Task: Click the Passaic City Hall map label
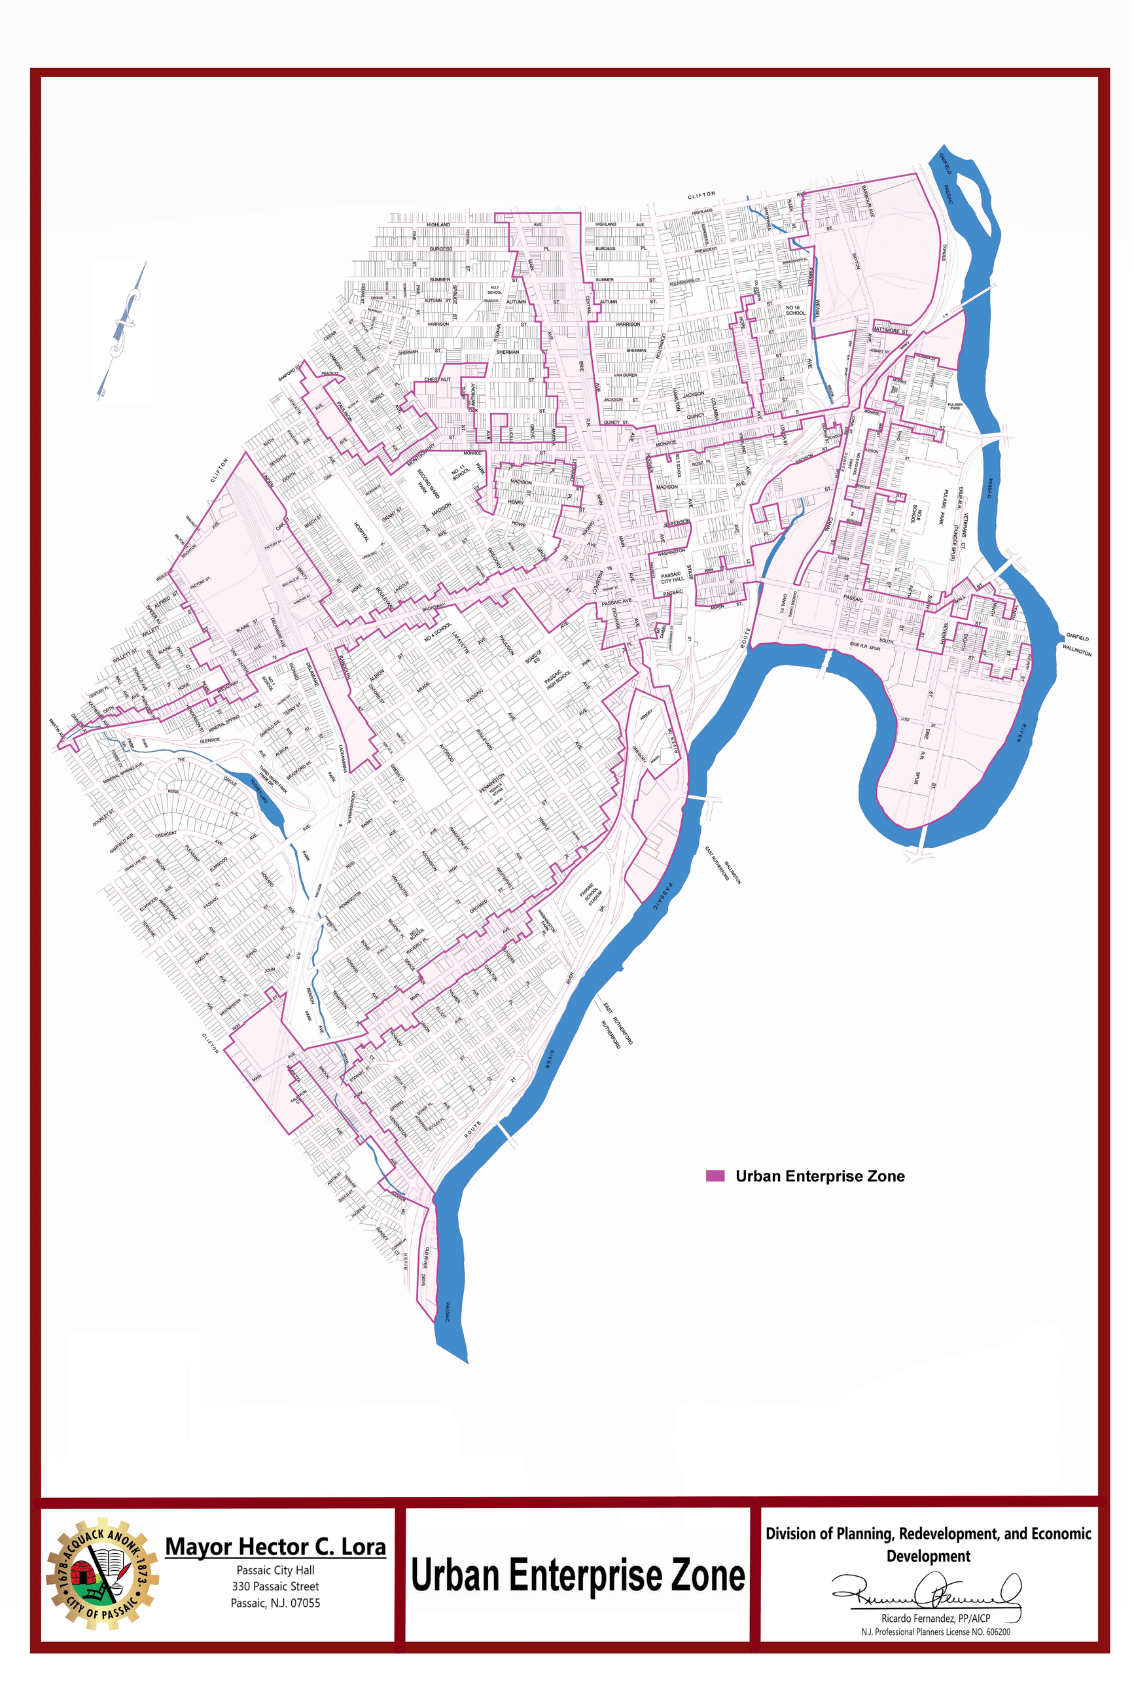pyautogui.click(x=672, y=578)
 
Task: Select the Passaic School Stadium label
pyautogui.click(x=591, y=895)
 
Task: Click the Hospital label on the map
pyautogui.click(x=362, y=533)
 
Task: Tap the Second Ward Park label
pyautogui.click(x=427, y=483)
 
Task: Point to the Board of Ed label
pyautogui.click(x=535, y=656)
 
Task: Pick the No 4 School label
pyautogui.click(x=438, y=631)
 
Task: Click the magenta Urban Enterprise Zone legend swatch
pyautogui.click(x=715, y=1176)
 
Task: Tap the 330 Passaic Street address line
pyautogui.click(x=275, y=1586)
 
